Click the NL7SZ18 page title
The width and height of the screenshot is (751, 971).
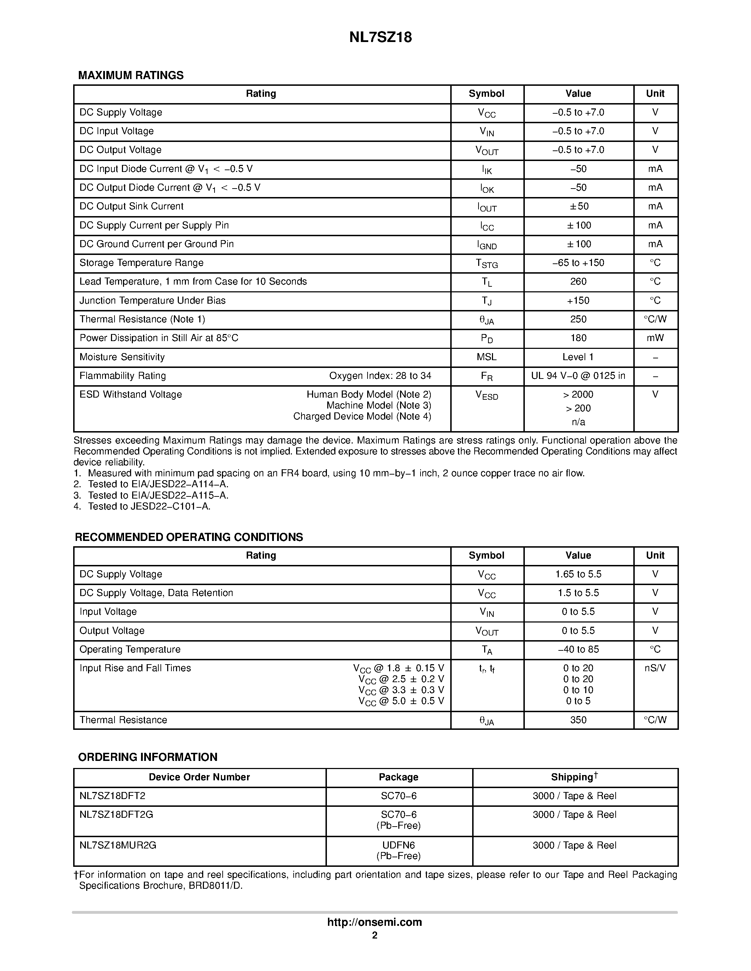tap(380, 37)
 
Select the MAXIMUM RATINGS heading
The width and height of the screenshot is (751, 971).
tap(131, 76)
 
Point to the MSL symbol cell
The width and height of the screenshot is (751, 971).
tap(486, 357)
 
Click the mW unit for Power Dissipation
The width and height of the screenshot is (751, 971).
tap(655, 338)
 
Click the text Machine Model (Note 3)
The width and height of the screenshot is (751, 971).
tap(379, 405)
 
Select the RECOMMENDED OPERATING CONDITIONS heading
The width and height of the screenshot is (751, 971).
tap(189, 537)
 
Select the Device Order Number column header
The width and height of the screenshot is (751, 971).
tap(199, 777)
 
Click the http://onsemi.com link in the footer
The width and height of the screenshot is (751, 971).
tap(375, 922)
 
